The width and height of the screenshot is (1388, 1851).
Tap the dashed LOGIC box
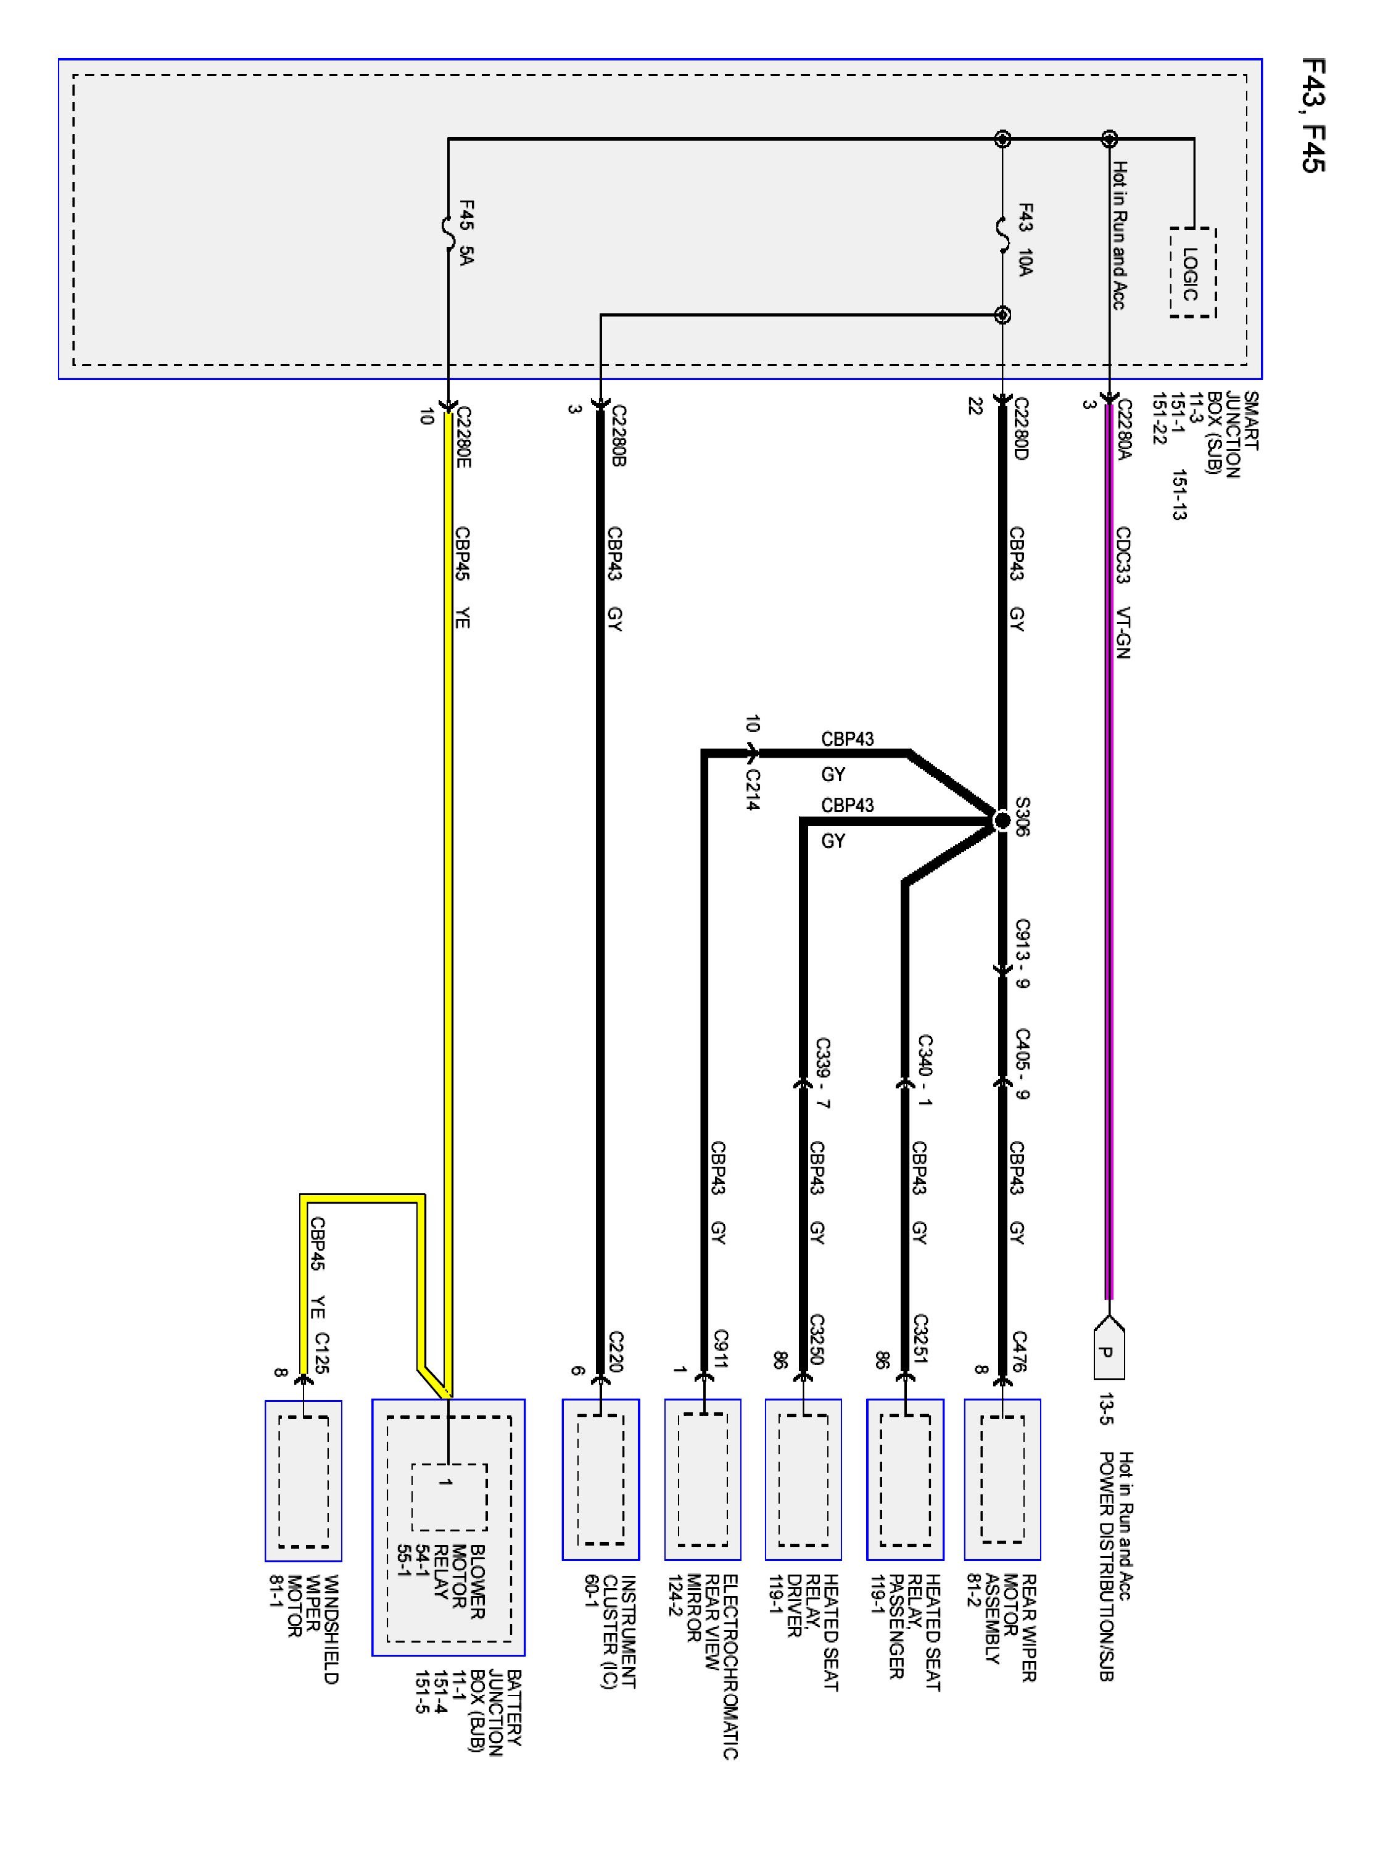1192,273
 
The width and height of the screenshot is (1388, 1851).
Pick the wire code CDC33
1123,554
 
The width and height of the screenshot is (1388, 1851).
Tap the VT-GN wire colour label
1123,632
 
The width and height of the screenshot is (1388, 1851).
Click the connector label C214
752,789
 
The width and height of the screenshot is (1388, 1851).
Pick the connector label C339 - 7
822,1074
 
